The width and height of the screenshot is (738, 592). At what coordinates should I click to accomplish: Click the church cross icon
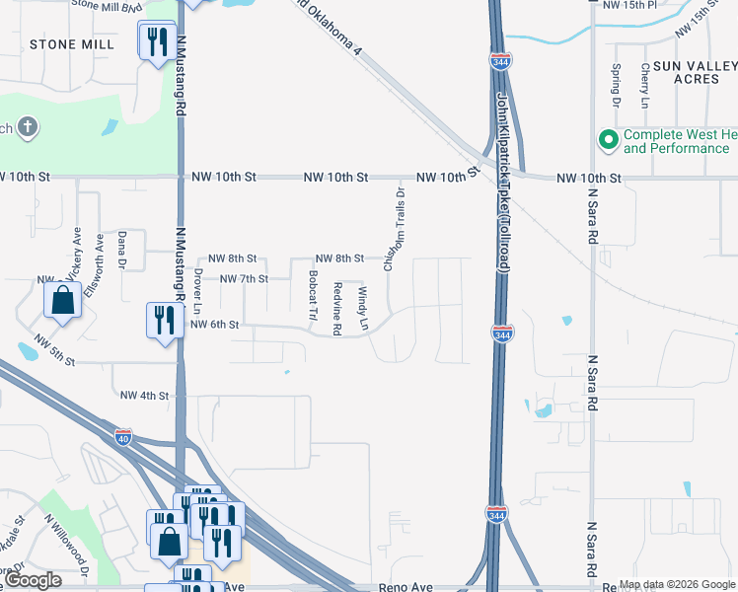coord(28,127)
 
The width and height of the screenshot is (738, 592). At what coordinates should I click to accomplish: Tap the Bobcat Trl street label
coord(313,296)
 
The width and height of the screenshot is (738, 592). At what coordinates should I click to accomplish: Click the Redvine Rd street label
coord(337,308)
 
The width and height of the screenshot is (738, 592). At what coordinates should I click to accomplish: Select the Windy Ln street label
coord(362,308)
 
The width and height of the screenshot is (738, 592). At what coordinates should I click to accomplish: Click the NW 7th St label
coord(244,279)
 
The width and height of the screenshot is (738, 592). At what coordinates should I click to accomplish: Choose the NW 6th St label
coord(214,324)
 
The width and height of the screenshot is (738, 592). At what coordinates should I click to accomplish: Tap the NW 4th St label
coord(145,396)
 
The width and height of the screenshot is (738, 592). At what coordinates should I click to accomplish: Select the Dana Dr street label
coord(122,251)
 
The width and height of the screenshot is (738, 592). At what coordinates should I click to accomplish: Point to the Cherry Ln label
coord(645,86)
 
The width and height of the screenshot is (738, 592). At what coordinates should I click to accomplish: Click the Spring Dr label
coord(616,86)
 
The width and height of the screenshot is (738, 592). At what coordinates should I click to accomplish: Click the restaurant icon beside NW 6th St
coord(162,320)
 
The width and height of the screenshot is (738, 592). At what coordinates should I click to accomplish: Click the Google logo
coord(34,580)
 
